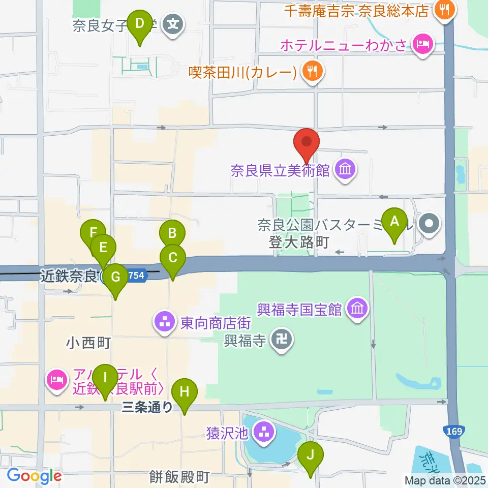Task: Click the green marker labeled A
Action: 394,222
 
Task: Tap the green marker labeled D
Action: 139,23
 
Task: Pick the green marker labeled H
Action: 184,392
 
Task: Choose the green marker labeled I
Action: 105,378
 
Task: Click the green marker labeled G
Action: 115,278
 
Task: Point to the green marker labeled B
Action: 172,234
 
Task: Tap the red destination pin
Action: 307,143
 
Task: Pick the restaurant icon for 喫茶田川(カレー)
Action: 312,72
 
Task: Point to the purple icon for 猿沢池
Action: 263,433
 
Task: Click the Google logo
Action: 34,476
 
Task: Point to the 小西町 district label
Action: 88,344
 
